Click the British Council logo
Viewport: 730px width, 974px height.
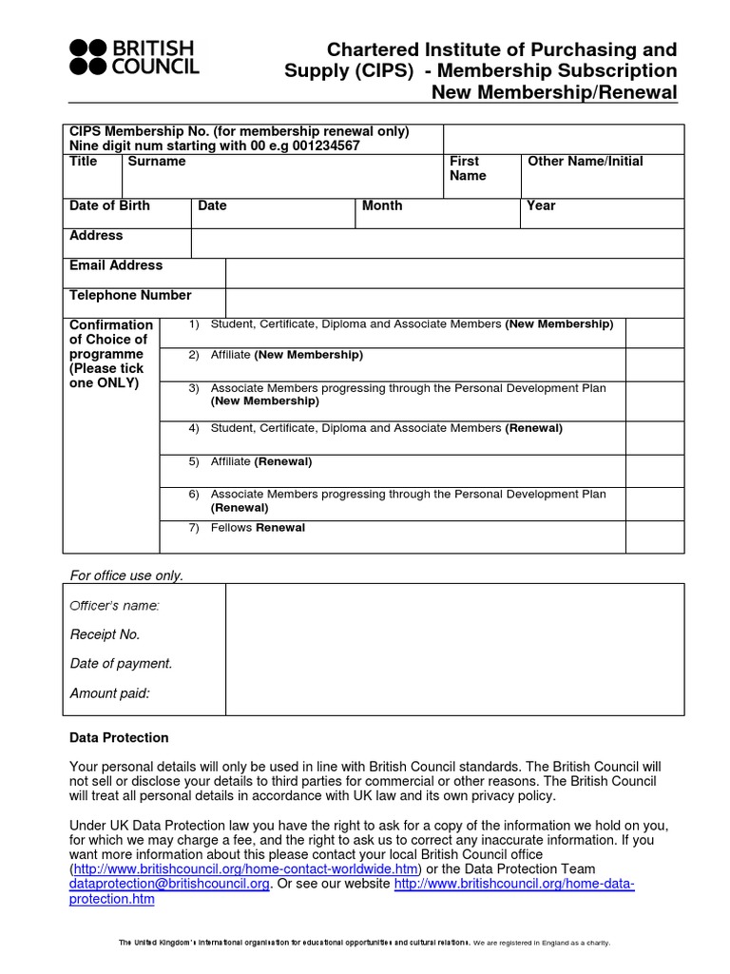point(134,57)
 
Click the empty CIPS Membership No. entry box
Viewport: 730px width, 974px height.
point(563,138)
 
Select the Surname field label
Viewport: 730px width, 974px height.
point(157,162)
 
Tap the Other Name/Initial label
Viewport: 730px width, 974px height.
point(585,162)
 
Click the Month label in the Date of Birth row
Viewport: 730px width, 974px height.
point(382,205)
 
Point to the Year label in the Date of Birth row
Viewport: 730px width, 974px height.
point(541,205)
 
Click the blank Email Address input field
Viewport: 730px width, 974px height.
point(454,273)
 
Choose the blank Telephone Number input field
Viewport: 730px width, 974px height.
point(454,302)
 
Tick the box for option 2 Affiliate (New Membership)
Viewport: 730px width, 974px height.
point(654,364)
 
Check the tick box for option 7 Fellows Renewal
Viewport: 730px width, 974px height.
point(654,536)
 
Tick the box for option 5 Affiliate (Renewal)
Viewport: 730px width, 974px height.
point(654,471)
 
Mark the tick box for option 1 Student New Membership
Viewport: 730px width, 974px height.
point(654,333)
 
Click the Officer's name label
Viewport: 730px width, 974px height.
point(115,606)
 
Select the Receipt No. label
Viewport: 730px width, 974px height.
point(105,634)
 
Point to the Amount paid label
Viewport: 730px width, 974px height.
point(110,693)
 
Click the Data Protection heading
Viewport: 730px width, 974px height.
point(119,738)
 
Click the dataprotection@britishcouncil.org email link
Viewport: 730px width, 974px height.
point(169,884)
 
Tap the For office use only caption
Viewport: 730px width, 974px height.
point(127,575)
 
